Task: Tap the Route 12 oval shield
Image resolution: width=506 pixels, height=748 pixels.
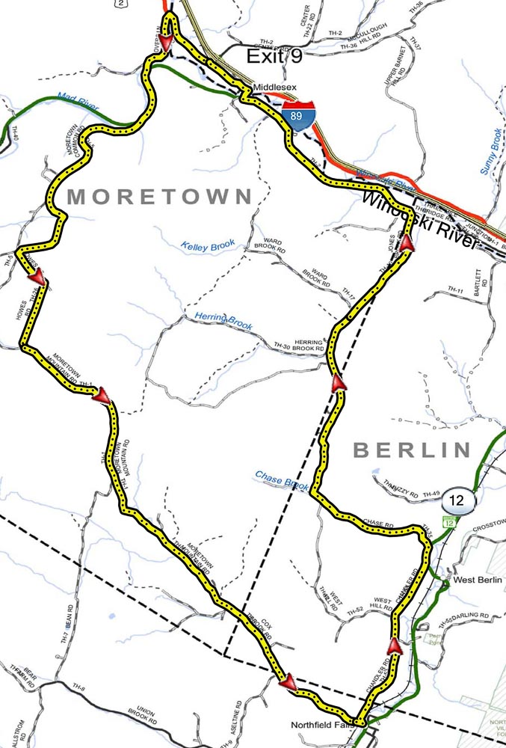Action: point(457,498)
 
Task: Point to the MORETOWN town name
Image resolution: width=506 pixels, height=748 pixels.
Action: point(160,197)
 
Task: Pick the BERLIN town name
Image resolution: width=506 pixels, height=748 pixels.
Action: point(412,450)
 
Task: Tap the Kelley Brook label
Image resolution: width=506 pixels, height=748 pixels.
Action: point(208,245)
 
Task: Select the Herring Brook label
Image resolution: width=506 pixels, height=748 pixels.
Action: point(223,321)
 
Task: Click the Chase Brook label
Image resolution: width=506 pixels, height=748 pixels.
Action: point(282,479)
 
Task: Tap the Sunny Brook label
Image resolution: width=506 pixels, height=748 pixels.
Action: point(490,149)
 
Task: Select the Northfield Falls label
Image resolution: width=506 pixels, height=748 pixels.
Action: point(323,725)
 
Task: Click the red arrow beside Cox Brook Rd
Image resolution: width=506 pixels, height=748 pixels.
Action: point(286,681)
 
